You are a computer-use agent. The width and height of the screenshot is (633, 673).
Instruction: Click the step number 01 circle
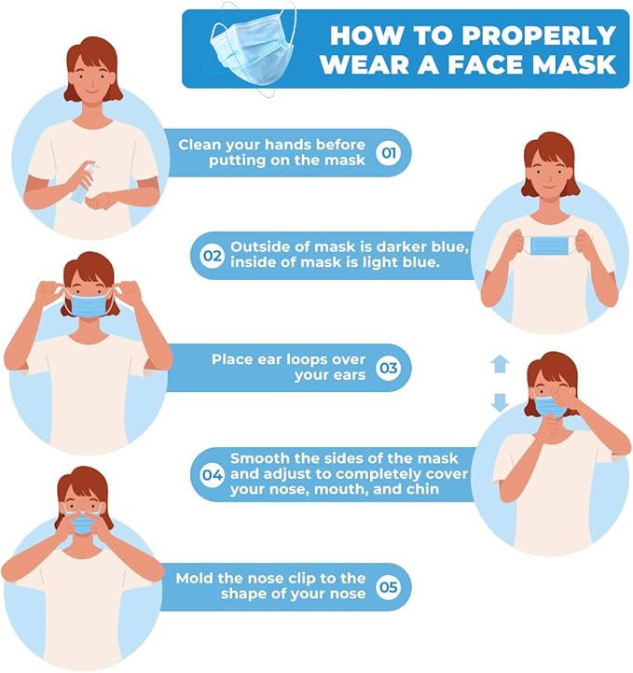389,153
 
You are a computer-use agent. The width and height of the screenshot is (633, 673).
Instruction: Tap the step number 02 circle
213,256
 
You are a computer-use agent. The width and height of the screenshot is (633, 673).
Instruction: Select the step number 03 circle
389,368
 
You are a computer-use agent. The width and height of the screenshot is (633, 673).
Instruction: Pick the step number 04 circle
213,475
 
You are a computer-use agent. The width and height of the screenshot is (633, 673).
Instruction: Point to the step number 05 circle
389,587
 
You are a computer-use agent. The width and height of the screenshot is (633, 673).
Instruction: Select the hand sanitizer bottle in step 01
85,182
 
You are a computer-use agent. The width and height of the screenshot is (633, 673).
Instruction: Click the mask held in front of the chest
548,245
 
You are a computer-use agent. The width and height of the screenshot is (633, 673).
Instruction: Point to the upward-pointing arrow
500,364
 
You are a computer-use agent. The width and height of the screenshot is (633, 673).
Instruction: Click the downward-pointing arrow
500,402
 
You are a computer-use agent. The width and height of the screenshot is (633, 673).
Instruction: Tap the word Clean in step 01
199,145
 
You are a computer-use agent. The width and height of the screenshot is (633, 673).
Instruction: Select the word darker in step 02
395,246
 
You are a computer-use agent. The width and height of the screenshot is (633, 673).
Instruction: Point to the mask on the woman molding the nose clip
83,525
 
